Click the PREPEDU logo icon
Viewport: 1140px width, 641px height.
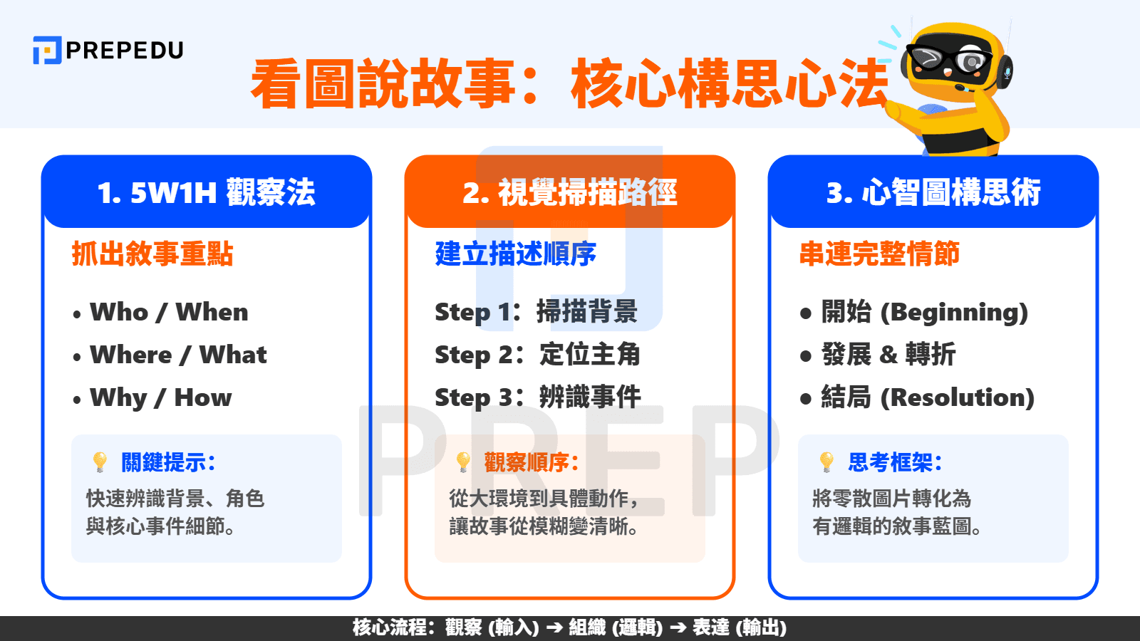tap(47, 51)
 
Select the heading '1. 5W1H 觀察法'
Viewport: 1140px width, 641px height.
tap(206, 192)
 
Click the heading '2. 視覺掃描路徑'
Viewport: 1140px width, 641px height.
tap(569, 192)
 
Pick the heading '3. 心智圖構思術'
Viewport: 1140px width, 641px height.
tap(933, 192)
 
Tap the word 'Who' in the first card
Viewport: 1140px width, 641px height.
tap(119, 312)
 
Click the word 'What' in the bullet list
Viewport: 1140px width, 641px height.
tap(233, 355)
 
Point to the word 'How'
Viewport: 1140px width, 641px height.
tap(203, 397)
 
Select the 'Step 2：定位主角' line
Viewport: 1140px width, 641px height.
tap(537, 355)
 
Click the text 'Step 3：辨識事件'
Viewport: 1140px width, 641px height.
tap(537, 397)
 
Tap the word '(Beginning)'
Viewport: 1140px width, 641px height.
tap(954, 312)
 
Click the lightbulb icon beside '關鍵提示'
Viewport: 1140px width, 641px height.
tap(100, 462)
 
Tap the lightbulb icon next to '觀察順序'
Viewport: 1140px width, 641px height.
tap(463, 462)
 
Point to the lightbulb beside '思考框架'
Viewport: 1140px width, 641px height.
tap(826, 462)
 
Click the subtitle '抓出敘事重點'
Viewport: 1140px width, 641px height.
tap(152, 254)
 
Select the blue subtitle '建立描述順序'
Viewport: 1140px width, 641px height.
tap(515, 254)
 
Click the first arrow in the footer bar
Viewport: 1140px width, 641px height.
tap(554, 627)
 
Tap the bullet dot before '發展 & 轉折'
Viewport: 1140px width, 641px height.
tap(806, 355)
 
